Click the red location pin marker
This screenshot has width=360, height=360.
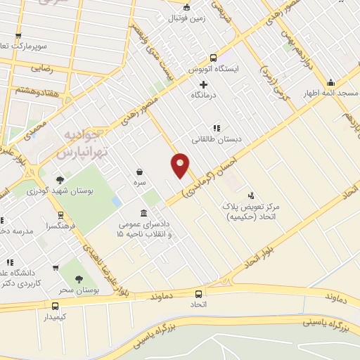pos(181,165)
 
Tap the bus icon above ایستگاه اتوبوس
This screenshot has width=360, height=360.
pos(213,58)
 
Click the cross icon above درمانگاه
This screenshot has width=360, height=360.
pos(204,85)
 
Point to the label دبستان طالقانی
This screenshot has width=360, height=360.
pos(218,139)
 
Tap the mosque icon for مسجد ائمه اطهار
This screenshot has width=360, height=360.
pos(350,82)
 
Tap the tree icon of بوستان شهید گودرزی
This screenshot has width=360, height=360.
pos(60,179)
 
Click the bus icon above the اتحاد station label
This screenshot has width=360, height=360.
pos(198,294)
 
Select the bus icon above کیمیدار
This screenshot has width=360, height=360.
pos(55,306)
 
